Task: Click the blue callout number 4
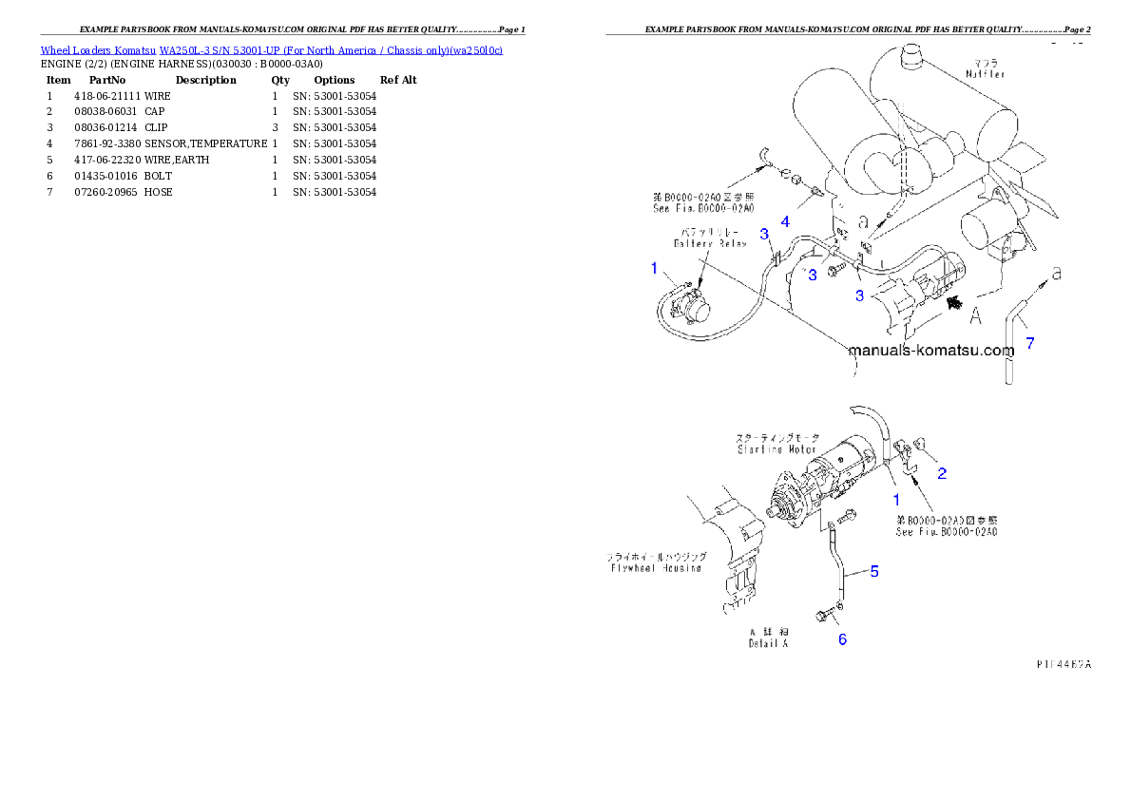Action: (785, 221)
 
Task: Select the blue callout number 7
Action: (1029, 343)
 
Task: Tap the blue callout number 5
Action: (873, 572)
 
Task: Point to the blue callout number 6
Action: (842, 639)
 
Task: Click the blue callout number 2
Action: (941, 472)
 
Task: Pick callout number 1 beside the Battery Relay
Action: (654, 269)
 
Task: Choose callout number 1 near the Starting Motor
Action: (894, 498)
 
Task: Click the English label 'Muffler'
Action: (985, 73)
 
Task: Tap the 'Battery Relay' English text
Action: (710, 243)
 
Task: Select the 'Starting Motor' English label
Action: (776, 449)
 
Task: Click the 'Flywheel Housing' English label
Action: (655, 568)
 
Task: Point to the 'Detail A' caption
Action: (768, 643)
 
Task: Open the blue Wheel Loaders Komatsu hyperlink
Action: (271, 49)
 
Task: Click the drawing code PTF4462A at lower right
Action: (1064, 664)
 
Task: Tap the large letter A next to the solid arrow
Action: (974, 316)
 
